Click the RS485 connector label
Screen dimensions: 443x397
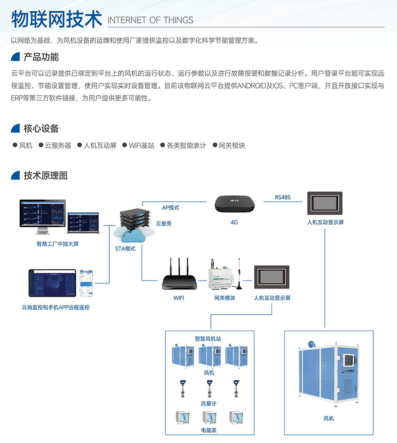[x=282, y=198]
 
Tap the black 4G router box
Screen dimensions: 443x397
[x=235, y=204]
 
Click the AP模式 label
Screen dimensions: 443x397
[x=171, y=208]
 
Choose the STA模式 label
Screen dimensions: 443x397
[x=125, y=249]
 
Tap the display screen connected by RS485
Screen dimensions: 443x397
[x=325, y=203]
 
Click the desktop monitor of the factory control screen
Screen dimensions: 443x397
[x=43, y=214]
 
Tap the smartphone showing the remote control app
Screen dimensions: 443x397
[x=86, y=283]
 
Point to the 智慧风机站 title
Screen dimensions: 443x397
[x=208, y=339]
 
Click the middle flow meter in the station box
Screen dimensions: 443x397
[x=209, y=389]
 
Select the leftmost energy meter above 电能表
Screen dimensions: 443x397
[x=183, y=418]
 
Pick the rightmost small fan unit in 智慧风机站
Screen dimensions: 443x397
[x=236, y=356]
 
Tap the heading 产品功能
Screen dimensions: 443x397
[x=41, y=57]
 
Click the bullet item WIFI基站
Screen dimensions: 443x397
[x=142, y=146]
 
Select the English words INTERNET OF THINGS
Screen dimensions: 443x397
[x=150, y=21]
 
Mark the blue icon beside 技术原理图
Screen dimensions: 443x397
[x=15, y=176]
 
